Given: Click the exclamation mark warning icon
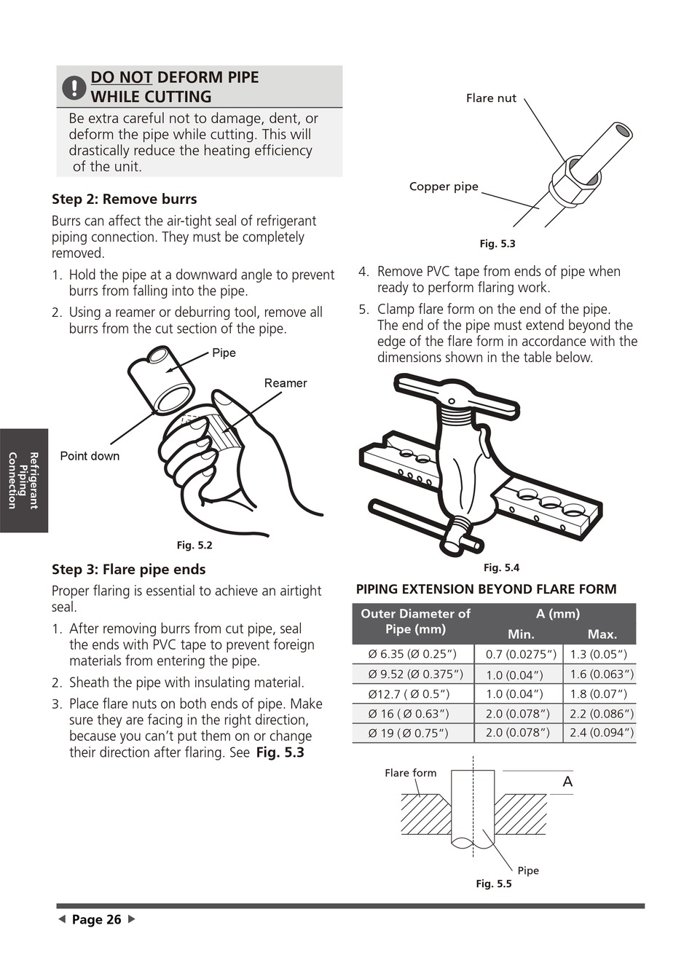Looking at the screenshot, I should click(74, 87).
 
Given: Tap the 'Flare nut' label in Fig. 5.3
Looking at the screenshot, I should click(491, 98).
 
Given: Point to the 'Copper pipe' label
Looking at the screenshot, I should click(444, 186).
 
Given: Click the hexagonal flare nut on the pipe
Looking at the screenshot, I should click(572, 177).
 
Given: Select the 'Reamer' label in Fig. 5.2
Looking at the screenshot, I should click(286, 383).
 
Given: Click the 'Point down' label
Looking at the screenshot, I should click(90, 456).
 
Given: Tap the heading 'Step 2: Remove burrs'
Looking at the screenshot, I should click(124, 200).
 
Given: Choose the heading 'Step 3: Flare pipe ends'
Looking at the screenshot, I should click(128, 570).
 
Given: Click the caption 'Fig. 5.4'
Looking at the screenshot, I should click(501, 567).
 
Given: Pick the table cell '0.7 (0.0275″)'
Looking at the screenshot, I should click(521, 654).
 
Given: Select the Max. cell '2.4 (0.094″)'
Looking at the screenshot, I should click(602, 733).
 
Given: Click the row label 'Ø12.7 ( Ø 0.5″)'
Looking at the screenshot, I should click(409, 693).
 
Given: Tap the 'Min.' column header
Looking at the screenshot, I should click(521, 634).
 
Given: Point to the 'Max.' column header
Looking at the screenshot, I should click(602, 634).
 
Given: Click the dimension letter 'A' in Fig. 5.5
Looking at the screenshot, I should click(567, 782).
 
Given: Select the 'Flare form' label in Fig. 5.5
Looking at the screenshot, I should click(411, 773).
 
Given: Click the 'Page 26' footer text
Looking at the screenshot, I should click(96, 920).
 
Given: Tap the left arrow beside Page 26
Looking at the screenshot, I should click(62, 919).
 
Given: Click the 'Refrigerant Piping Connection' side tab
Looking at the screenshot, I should click(23, 480).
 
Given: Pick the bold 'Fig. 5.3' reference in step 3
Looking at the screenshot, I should click(280, 752).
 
